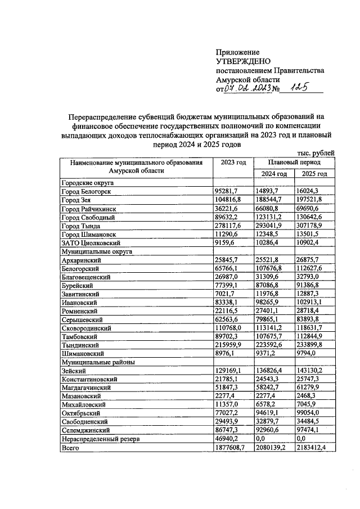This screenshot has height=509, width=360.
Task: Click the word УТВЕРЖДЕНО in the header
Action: pyautogui.click(x=243, y=61)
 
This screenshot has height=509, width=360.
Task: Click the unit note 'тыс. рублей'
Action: pyautogui.click(x=316, y=152)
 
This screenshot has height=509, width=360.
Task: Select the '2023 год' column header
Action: pyautogui.click(x=233, y=162)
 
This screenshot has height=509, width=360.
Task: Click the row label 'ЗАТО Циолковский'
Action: pyautogui.click(x=91, y=243)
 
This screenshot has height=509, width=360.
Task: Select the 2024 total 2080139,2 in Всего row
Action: pyautogui.click(x=274, y=448)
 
